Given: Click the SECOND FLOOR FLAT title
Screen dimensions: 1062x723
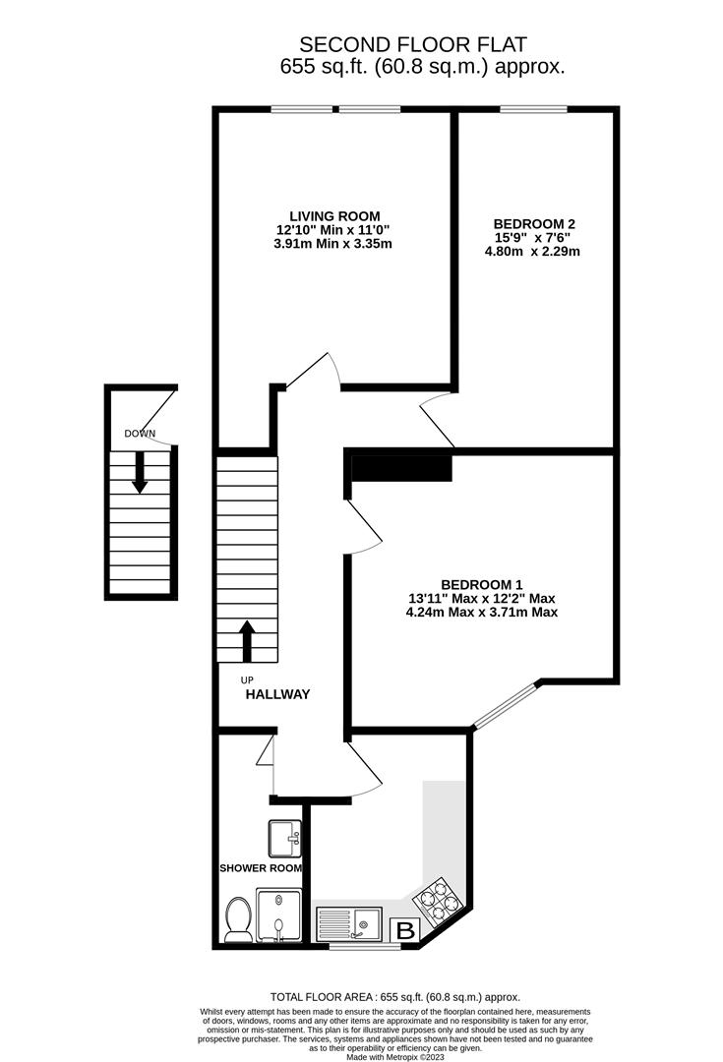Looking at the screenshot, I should click(x=413, y=44).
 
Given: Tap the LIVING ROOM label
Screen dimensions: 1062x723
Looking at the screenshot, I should click(x=333, y=216).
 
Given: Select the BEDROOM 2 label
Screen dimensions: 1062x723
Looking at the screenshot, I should click(x=534, y=223).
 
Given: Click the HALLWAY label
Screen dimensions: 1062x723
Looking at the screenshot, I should click(x=277, y=694).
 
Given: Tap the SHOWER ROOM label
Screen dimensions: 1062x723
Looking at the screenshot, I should click(x=261, y=868).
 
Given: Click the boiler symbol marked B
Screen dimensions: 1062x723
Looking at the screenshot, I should click(x=403, y=929).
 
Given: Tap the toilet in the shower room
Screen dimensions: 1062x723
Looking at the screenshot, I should click(x=237, y=916).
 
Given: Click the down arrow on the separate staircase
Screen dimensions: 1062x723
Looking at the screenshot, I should click(x=140, y=471).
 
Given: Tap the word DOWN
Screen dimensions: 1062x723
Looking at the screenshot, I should click(x=141, y=434).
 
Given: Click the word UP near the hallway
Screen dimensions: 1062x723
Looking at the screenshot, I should click(x=248, y=679).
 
